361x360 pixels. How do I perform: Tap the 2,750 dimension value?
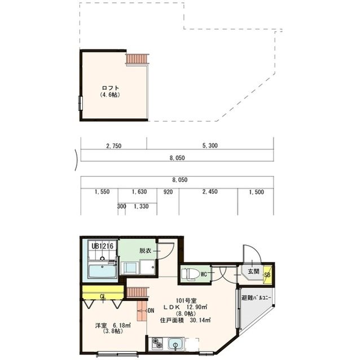coord(114,146)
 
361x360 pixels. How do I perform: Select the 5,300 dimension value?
coord(210,145)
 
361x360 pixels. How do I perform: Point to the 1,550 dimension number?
coord(102,192)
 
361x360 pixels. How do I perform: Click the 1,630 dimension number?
coord(139,192)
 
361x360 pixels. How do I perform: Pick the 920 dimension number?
coord(168,192)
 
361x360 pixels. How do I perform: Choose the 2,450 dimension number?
coord(210,192)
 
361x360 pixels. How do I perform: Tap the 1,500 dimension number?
coord(257,192)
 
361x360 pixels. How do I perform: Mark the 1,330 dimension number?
coord(141,206)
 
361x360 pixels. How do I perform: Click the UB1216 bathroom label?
coord(103,246)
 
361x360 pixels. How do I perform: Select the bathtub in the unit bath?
coord(102,272)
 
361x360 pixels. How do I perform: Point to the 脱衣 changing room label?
coord(146,251)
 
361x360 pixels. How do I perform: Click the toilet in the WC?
coord(190,274)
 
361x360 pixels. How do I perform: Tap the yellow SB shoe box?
coord(267,274)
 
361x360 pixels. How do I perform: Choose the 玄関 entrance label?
coord(253,271)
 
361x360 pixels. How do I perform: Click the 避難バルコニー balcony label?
coord(256,298)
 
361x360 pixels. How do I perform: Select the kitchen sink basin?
coord(175,344)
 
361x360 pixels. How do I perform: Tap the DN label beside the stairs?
coord(151,310)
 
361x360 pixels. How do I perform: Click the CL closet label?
coord(103,296)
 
